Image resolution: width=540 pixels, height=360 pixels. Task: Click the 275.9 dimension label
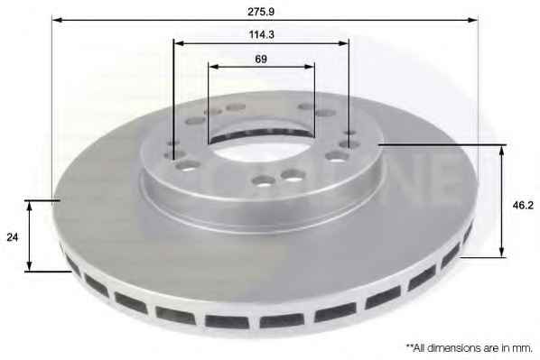261,12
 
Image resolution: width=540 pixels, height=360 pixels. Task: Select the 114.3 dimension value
261,35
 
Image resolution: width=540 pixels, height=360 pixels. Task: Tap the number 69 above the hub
261,60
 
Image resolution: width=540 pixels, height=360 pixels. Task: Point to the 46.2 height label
523,206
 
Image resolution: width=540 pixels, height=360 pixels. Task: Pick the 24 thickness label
13,237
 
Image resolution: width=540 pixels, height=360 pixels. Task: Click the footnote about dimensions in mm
469,348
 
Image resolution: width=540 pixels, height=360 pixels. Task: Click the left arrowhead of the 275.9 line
58,20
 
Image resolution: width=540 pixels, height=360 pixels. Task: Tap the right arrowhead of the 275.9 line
472,20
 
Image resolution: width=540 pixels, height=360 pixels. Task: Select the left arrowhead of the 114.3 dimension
180,43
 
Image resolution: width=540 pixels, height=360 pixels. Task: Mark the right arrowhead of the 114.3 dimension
343,43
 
